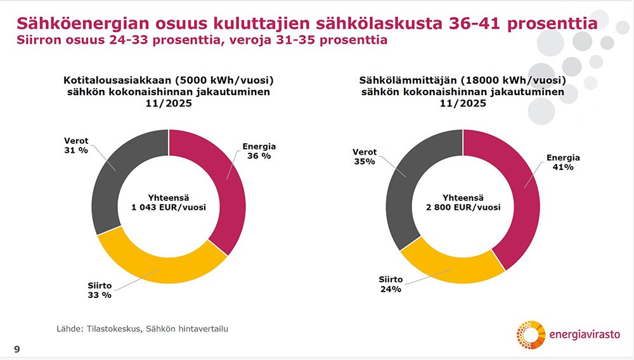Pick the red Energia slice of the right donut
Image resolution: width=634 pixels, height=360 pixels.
pos(524,196)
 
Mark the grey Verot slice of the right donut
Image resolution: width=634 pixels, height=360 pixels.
pos(406,190)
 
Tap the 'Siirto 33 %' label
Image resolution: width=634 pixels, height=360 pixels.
pos(99,290)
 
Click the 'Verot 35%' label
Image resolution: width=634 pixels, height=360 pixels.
pos(364,157)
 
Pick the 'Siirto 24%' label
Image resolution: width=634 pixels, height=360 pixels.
pos(391,284)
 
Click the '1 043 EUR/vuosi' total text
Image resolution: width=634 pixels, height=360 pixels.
pos(169,207)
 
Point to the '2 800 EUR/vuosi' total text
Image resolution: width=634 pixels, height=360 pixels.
pos(463,207)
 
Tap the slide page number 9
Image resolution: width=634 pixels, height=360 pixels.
pos(16,348)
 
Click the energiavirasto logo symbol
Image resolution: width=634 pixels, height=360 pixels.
pos(530,335)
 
